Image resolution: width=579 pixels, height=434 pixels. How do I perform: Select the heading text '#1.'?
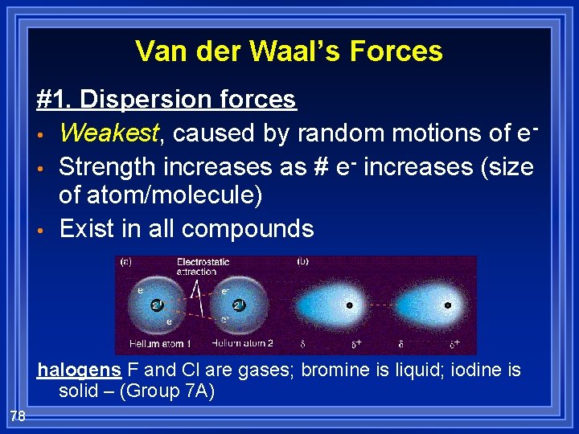[55, 100]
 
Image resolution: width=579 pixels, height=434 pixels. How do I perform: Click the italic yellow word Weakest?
[109, 132]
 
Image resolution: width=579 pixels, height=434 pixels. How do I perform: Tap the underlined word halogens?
[80, 371]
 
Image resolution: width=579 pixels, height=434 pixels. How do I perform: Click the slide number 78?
[18, 416]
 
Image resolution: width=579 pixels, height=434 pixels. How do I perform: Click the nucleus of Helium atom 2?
[239, 305]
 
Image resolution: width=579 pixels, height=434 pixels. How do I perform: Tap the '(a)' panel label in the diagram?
[126, 262]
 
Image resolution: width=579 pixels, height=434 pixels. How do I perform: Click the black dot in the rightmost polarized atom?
[448, 305]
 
